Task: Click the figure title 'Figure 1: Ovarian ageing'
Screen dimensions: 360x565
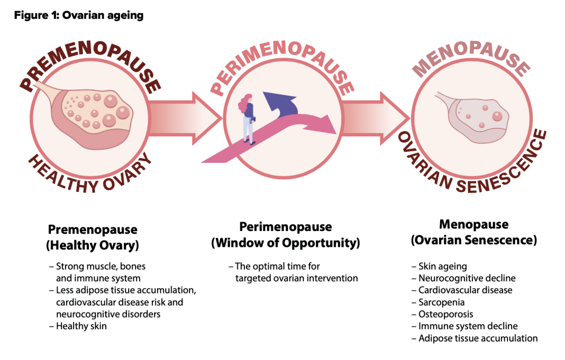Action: (78, 15)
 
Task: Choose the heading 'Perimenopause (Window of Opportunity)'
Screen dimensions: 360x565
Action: (285, 235)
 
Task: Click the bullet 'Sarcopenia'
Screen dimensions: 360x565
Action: (441, 302)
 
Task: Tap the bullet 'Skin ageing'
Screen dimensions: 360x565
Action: (442, 266)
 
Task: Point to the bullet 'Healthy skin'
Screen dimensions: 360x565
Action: (81, 326)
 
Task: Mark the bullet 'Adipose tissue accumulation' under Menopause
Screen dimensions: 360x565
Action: (478, 338)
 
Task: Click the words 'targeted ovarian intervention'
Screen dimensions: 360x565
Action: (297, 278)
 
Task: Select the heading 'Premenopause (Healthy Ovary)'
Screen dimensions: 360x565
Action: (93, 237)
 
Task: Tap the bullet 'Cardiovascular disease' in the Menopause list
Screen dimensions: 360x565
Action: (465, 290)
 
